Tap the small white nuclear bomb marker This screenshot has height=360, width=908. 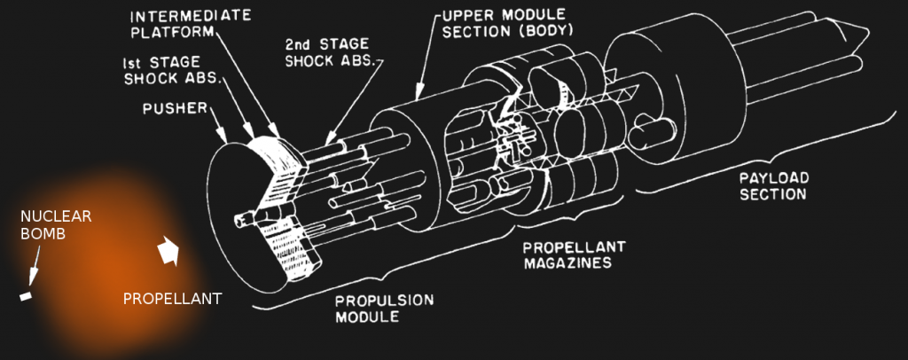26,294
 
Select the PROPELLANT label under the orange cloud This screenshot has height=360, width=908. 171,299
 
